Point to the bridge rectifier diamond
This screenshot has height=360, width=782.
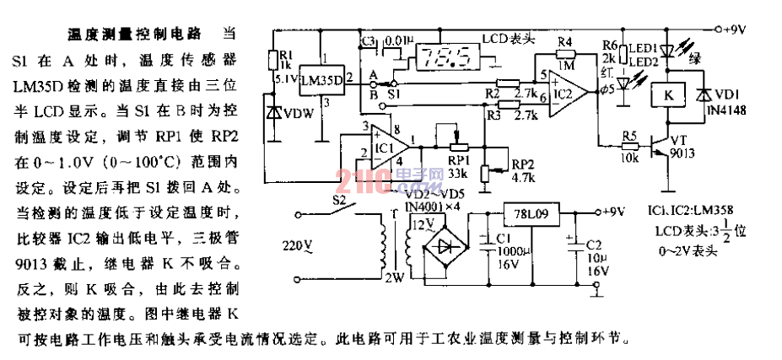pos(446,248)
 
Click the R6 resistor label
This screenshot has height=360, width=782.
pos(611,45)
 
